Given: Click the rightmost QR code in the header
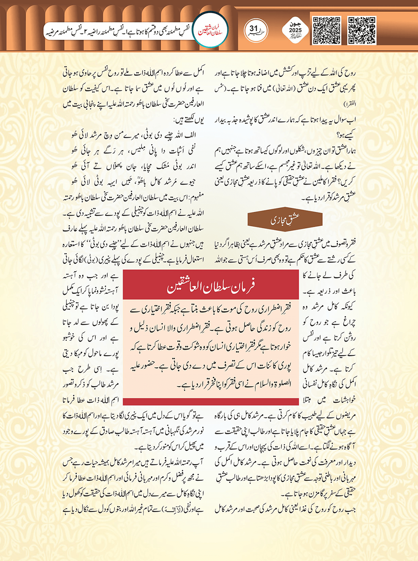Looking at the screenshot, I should coord(362,31).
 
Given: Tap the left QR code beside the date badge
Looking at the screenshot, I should coord(327,31).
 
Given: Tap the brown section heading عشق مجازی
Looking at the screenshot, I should coord(285,220).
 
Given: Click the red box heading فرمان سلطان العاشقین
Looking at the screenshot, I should coord(211,287).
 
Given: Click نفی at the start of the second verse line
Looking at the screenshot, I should coord(191,150).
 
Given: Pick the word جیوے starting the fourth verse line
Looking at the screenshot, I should coord(189,181).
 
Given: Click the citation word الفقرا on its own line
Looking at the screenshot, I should coord(350,104).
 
